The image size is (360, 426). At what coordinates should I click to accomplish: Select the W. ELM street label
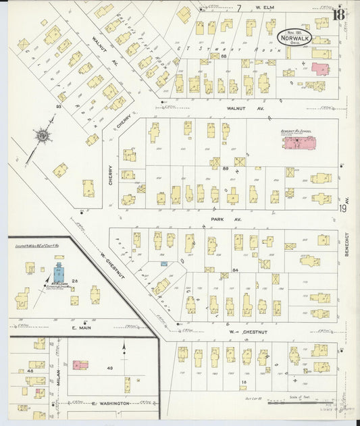[x=264, y=8]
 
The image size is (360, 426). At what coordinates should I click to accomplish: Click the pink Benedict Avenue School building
[x=299, y=143]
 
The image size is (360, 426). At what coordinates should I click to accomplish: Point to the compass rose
[x=43, y=136]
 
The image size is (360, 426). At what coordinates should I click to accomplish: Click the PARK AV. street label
[x=216, y=219]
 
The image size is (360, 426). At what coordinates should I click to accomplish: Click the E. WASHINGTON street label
[x=111, y=403]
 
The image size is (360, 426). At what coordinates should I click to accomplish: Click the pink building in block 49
[x=80, y=365]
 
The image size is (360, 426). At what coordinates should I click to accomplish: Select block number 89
[x=226, y=167]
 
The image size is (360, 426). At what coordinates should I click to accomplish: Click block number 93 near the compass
[x=59, y=107]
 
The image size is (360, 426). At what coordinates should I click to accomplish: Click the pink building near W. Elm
[x=319, y=68]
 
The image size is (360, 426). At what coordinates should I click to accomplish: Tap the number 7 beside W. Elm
[x=238, y=8]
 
